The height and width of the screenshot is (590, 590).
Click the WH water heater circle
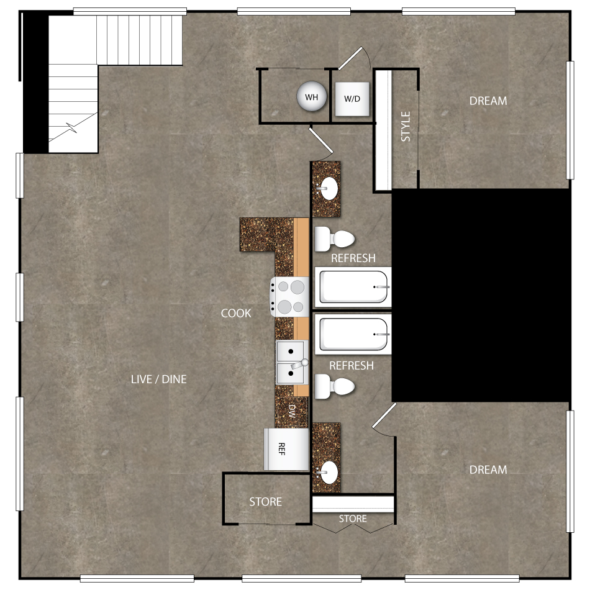312,97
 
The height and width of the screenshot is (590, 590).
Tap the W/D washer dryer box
352,99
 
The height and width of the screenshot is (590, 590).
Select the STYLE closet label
406,127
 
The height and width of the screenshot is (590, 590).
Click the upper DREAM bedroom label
488,101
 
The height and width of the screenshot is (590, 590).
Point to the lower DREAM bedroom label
488,470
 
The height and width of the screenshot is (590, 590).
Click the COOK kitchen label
236,313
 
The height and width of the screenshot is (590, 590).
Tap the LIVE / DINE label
158,379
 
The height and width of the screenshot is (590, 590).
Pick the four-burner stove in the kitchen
289,297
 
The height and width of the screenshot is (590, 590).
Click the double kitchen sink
291,362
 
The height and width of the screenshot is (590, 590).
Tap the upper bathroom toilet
334,238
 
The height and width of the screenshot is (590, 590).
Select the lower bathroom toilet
334,386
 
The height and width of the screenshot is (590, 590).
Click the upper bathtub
352,287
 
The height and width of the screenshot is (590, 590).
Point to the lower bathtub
352,334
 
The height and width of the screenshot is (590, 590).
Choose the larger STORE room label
265,502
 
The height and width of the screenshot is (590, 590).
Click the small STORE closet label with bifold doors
353,519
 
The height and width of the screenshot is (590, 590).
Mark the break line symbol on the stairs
73,131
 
